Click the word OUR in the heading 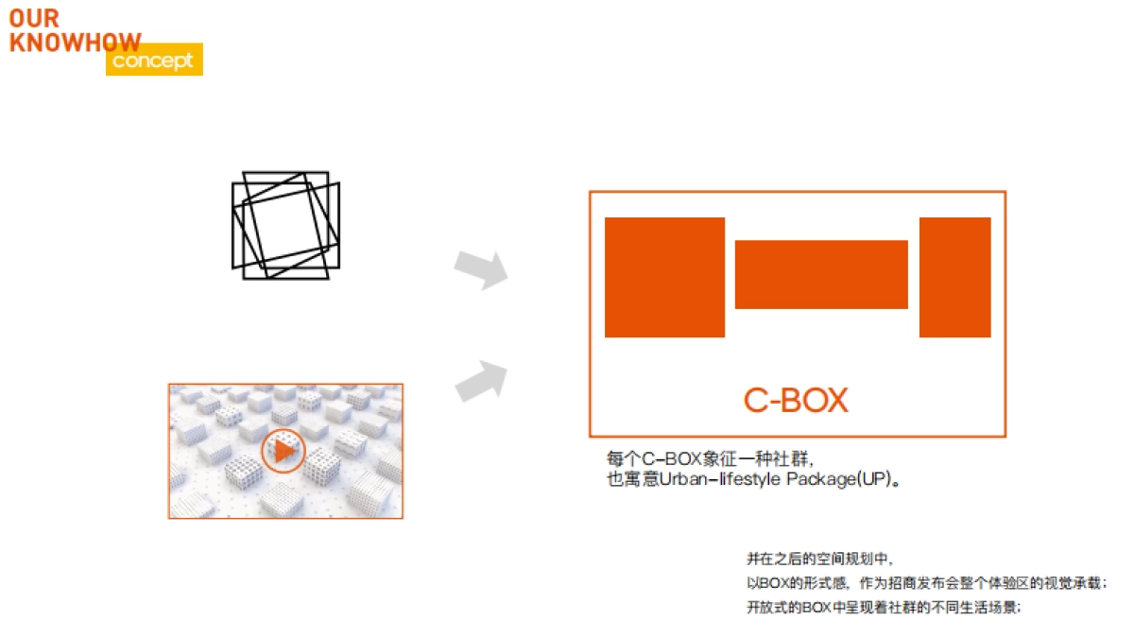click(34, 19)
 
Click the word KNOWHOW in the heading click(75, 43)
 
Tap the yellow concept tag click(154, 60)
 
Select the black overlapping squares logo click(286, 225)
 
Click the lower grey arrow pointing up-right click(481, 381)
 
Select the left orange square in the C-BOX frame click(664, 278)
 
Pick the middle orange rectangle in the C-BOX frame click(821, 274)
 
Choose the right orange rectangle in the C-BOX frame click(955, 278)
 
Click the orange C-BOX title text click(796, 400)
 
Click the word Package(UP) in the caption click(839, 479)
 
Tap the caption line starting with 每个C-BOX click(711, 459)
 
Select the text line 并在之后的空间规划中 click(819, 559)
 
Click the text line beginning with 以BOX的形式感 click(927, 583)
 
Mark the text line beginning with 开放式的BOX click(884, 607)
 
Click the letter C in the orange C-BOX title click(755, 400)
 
